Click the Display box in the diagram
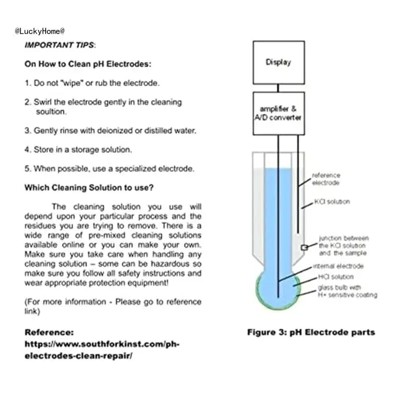click(278, 63)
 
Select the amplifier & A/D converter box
click(278, 113)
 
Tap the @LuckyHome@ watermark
click(40, 31)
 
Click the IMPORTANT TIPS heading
click(60, 45)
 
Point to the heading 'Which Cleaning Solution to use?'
click(89, 188)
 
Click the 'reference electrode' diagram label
click(326, 179)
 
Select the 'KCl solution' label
click(332, 202)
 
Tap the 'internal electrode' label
click(338, 266)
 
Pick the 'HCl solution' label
click(335, 277)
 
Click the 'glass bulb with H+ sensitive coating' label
click(347, 291)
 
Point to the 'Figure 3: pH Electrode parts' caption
click(311, 332)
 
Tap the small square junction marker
click(304, 248)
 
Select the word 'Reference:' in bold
click(49, 332)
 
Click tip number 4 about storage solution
click(78, 149)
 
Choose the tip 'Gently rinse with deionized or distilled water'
click(110, 130)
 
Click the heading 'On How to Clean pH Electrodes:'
click(88, 64)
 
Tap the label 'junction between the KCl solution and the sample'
click(344, 246)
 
